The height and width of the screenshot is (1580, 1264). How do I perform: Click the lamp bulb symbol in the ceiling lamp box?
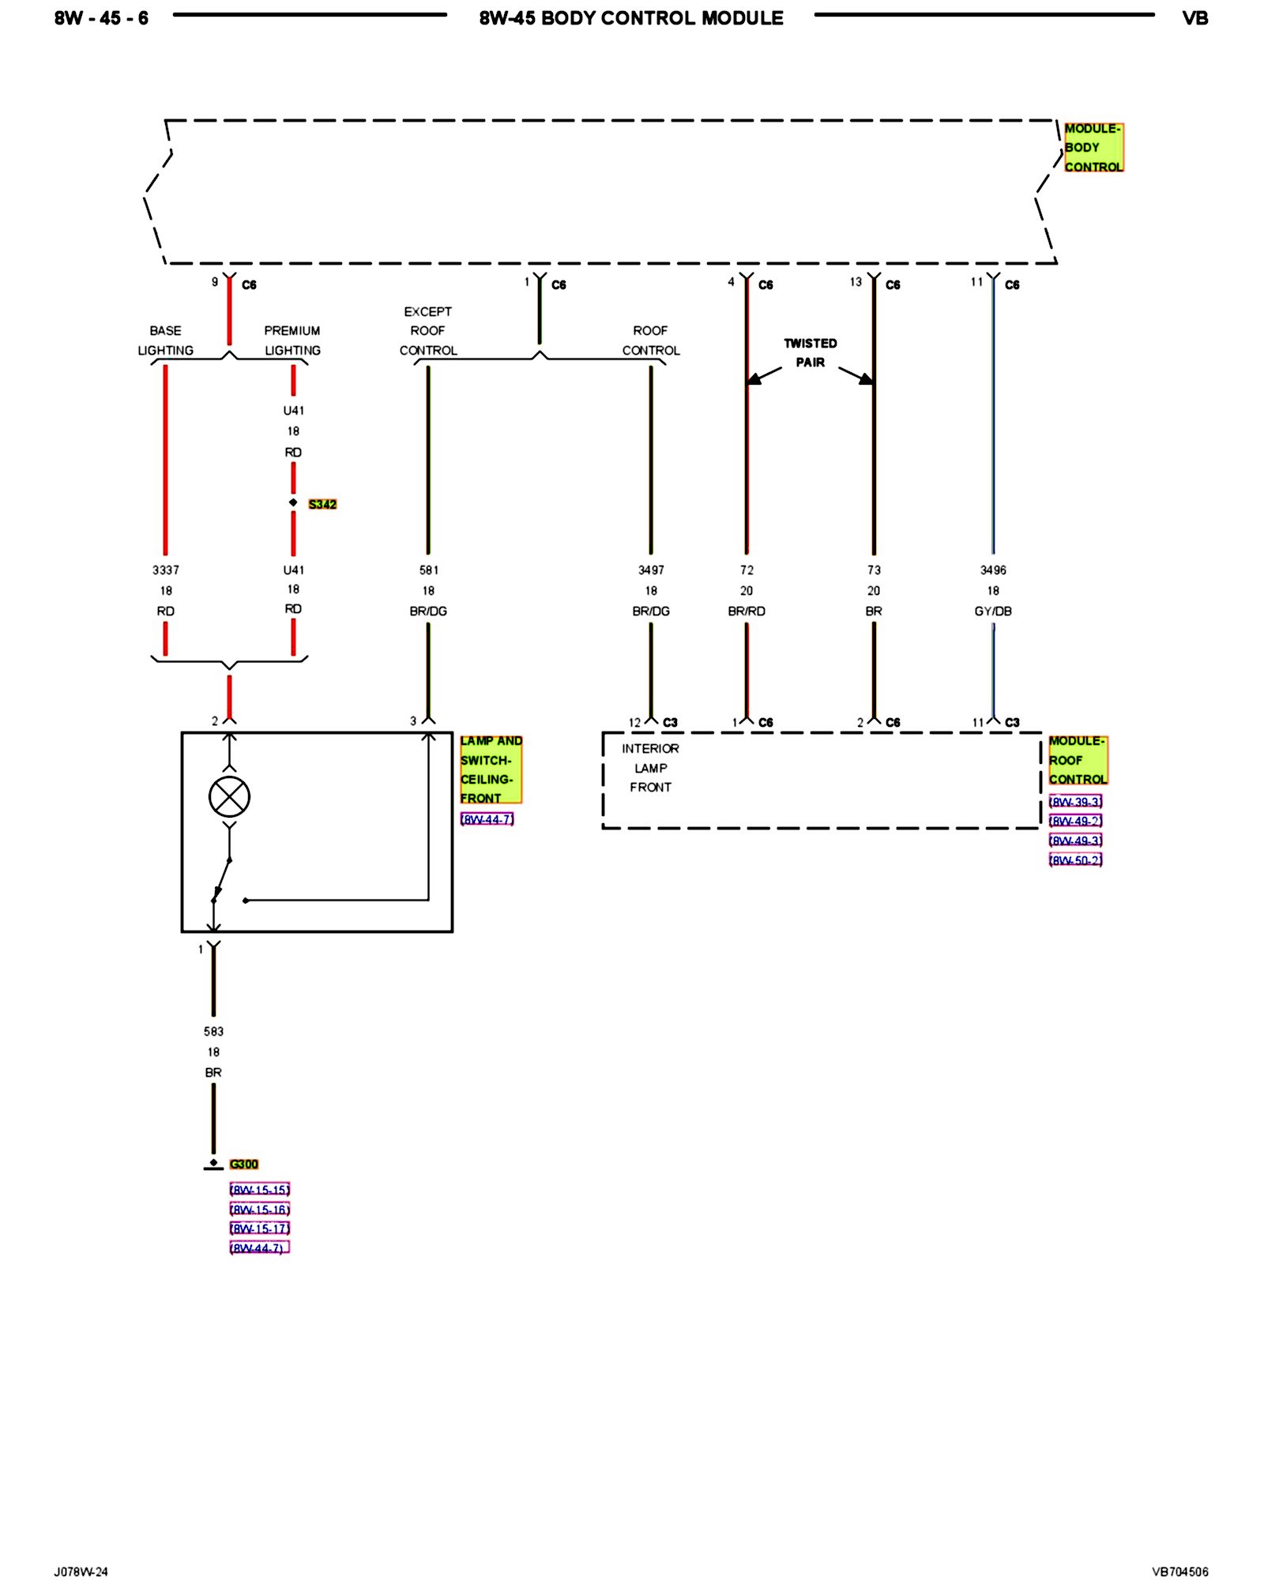[229, 796]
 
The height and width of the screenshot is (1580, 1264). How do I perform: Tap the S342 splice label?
[322, 504]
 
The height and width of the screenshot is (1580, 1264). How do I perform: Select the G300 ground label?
[243, 1164]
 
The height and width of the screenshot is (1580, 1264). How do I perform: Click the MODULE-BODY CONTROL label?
[1093, 148]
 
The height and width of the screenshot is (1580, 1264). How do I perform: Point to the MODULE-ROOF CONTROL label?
[1078, 760]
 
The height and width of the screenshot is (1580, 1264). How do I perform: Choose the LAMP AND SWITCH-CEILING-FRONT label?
[491, 769]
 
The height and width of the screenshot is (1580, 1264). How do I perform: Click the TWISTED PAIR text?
[810, 353]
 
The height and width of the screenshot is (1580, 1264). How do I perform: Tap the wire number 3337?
[166, 570]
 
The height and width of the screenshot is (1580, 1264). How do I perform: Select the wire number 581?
[428, 570]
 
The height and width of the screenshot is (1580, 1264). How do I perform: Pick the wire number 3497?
[651, 570]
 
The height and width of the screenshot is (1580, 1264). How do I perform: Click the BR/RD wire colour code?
[747, 611]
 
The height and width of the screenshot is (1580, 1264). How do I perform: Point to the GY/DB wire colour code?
[993, 611]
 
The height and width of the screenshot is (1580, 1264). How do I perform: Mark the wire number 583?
[213, 1031]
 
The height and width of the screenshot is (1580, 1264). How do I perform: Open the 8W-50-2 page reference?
[1075, 860]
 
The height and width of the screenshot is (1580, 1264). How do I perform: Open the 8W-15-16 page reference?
[260, 1209]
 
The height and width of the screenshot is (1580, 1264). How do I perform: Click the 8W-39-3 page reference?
[1075, 802]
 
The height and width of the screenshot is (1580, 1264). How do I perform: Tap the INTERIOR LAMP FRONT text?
[650, 768]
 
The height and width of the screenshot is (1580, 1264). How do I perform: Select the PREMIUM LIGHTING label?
[292, 340]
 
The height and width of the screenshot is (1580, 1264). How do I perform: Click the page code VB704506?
[1179, 1571]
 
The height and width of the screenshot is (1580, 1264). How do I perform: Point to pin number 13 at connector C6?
[856, 282]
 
